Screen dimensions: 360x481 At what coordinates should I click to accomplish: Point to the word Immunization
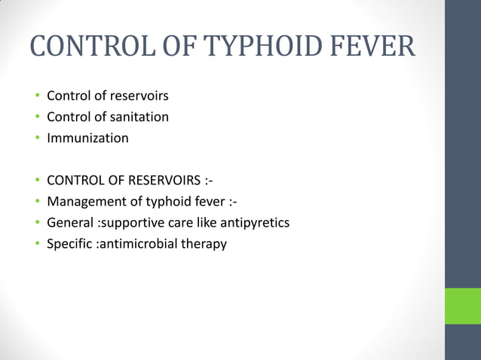pos(87,139)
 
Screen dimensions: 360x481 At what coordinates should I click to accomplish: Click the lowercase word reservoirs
pos(138,96)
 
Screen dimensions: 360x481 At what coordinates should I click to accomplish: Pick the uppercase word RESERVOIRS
pos(158,181)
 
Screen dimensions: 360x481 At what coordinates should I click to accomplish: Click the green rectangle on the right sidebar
pos(462,306)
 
